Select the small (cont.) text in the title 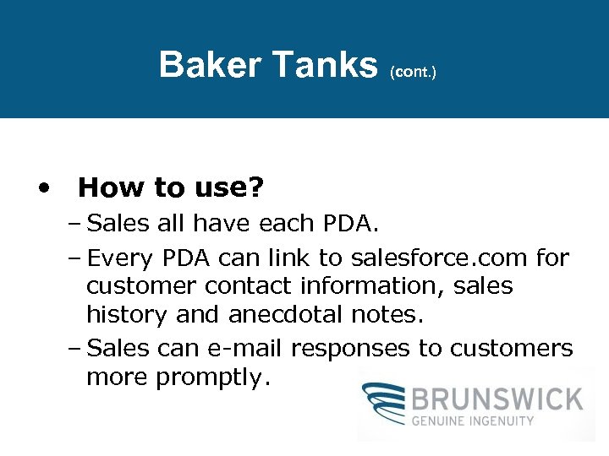tap(413, 73)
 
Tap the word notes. tap(391, 315)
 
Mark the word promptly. tap(212, 377)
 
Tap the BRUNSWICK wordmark tap(497, 398)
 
